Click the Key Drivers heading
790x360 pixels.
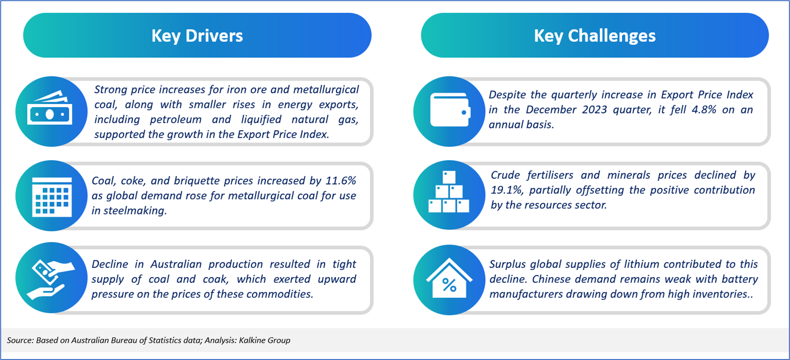point(197,36)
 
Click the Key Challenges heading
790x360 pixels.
point(594,36)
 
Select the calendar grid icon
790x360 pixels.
point(52,197)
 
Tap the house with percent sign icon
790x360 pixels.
point(450,278)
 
